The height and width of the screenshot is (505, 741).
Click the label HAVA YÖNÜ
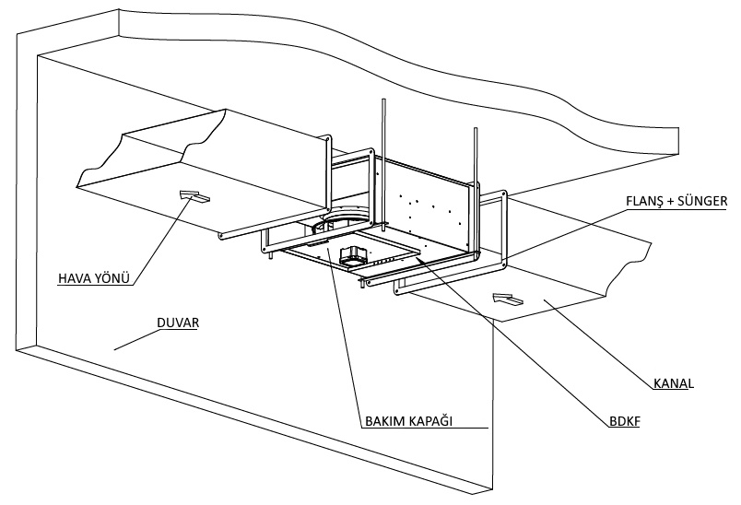(89, 276)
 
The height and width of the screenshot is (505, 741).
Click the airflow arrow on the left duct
(194, 194)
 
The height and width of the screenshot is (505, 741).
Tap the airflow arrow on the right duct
(507, 299)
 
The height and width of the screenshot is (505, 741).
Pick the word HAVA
(74, 276)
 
